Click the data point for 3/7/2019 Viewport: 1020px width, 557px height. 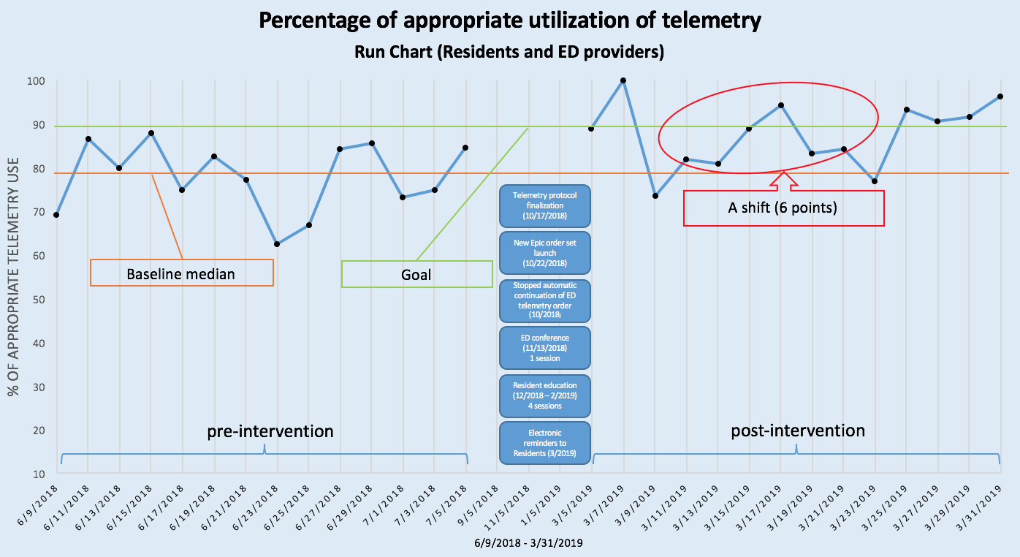(623, 80)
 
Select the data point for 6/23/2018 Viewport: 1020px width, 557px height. (277, 244)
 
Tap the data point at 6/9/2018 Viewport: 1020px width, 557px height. (56, 214)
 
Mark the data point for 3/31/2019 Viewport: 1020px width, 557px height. (1000, 96)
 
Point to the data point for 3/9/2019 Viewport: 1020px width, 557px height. (655, 196)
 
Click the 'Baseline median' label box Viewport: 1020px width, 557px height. (181, 273)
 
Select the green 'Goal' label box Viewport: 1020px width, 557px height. (416, 275)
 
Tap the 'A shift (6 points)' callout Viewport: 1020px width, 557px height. (783, 208)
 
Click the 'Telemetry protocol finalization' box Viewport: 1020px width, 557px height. (544, 206)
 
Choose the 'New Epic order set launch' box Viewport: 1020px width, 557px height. (544, 252)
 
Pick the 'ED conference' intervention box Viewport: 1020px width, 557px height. (544, 348)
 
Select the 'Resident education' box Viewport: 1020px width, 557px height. (544, 395)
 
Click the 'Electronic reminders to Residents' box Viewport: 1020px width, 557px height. (544, 442)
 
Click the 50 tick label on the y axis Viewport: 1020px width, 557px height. (37, 300)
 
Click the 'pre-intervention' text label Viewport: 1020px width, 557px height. (270, 431)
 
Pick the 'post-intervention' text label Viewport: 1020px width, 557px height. (798, 431)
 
